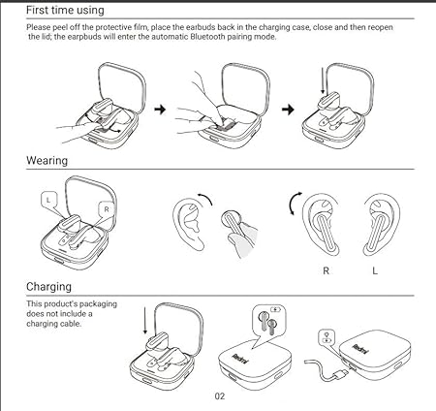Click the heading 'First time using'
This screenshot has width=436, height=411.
pos(65,10)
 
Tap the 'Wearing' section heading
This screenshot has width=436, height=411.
pos(47,161)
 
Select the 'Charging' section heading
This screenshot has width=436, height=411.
pos(48,287)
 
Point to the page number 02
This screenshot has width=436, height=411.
pos(220,396)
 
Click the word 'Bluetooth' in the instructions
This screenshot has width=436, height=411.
pos(207,37)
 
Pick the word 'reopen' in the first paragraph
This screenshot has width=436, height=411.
pos(380,27)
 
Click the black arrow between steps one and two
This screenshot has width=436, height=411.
pos(160,110)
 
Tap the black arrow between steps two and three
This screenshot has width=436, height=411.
pos(288,110)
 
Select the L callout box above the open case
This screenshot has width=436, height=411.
pos(48,200)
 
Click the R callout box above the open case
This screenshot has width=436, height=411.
pos(107,209)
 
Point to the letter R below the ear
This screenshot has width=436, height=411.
pos(326,270)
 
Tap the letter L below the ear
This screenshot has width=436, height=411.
pos(375,270)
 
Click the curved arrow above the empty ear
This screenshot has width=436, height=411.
pos(205,198)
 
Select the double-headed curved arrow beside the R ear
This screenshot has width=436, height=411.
pos(293,203)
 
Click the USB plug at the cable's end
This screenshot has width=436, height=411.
pos(341,375)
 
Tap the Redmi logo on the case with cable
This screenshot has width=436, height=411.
pos(360,349)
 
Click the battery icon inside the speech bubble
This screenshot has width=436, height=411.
pos(275,309)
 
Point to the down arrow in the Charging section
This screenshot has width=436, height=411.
pos(145,321)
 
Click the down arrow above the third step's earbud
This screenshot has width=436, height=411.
pos(323,80)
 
